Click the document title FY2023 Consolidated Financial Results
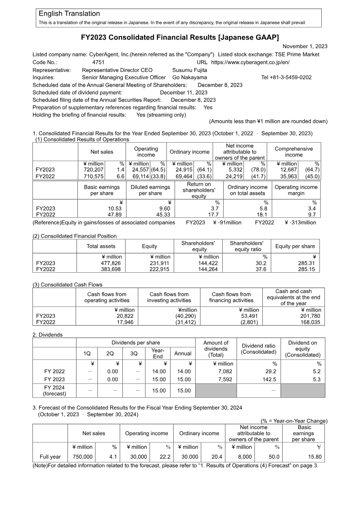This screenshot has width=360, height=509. [180, 37]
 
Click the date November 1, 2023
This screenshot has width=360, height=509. [305, 46]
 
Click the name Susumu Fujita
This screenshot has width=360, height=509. [189, 70]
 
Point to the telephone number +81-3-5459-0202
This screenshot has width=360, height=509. [286, 77]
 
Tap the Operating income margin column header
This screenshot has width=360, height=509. [296, 190]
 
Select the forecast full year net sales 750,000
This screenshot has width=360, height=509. [82, 457]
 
